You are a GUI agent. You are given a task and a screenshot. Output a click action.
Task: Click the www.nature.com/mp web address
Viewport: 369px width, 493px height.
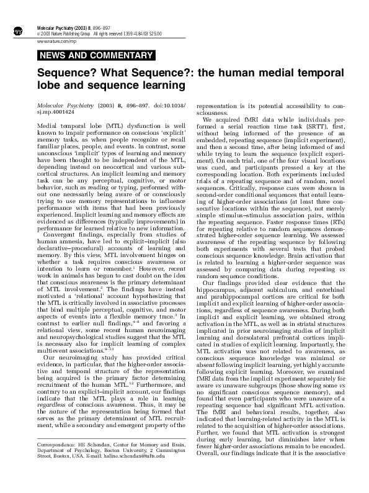(53, 40)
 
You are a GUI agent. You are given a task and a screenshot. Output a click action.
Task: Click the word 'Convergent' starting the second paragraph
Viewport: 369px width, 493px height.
(61, 235)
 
